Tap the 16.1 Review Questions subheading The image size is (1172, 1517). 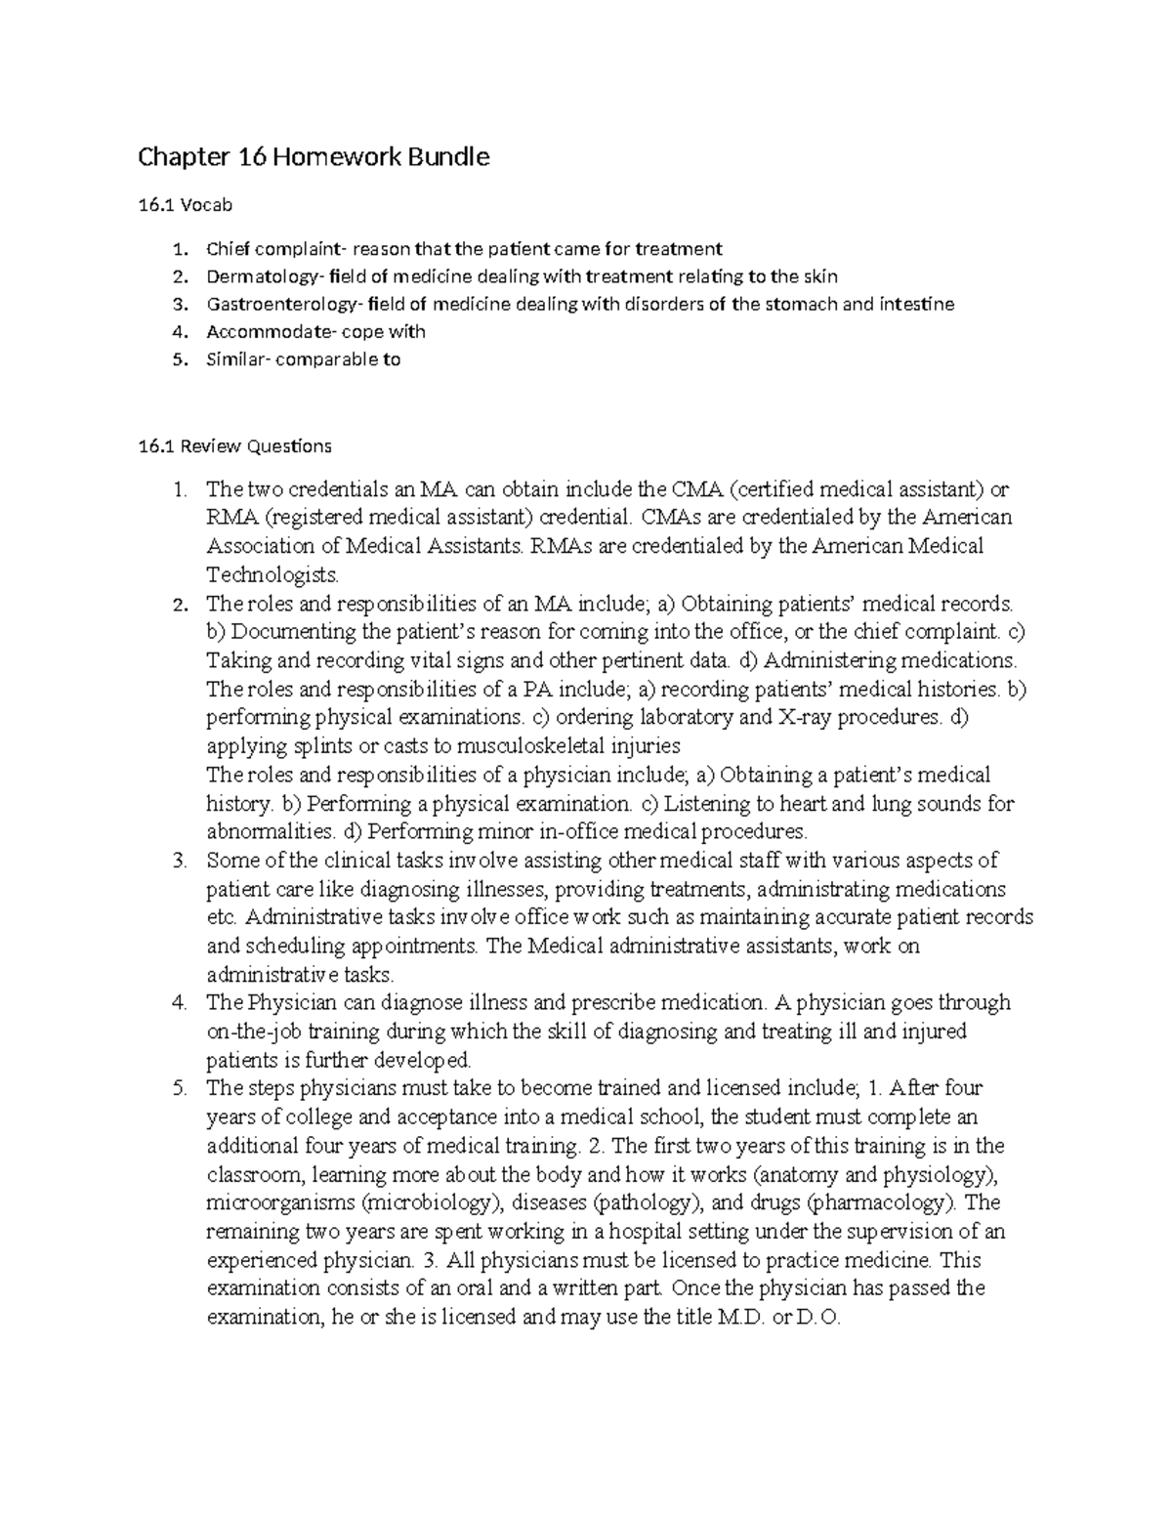pos(234,446)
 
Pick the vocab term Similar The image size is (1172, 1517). pos(235,358)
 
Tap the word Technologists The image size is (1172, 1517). pos(272,573)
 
